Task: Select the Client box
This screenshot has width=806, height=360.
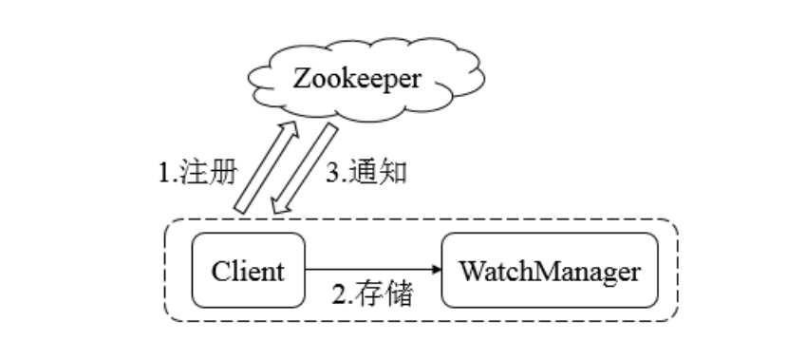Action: [x=248, y=272]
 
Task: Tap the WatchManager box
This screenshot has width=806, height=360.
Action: [x=548, y=272]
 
